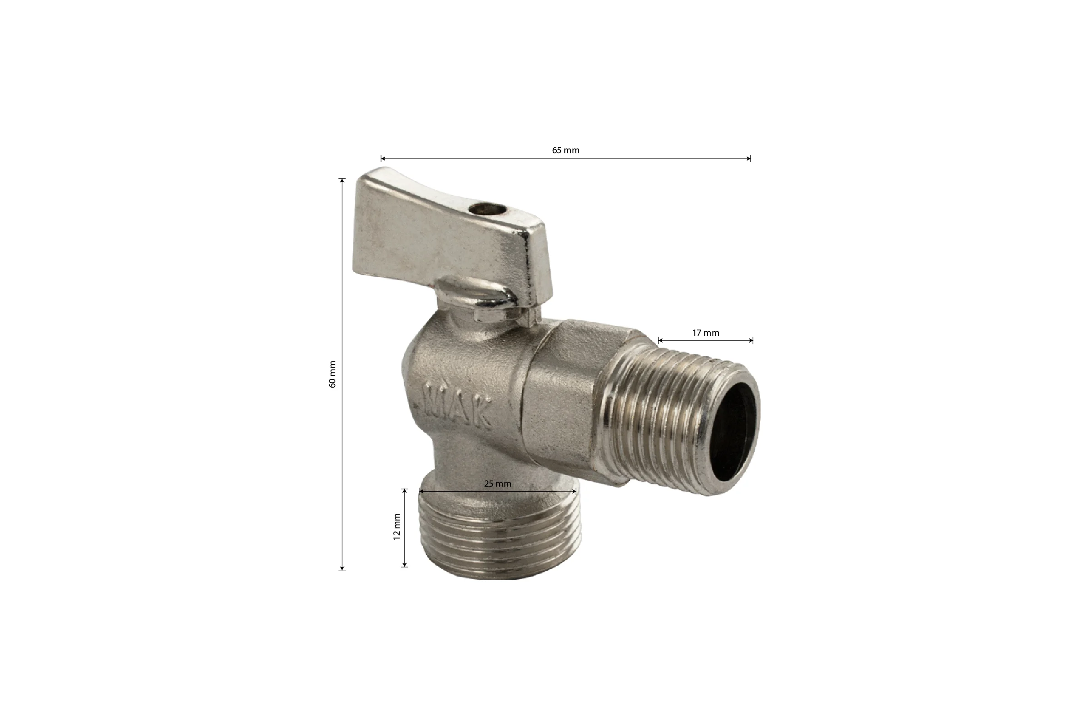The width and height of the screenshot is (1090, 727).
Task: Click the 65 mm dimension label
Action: (565, 150)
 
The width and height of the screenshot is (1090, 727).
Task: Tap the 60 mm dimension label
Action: (332, 374)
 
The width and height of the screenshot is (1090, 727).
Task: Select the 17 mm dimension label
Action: (706, 333)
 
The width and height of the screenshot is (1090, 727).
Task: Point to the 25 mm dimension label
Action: (498, 483)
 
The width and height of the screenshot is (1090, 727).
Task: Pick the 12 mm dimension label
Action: (396, 527)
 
